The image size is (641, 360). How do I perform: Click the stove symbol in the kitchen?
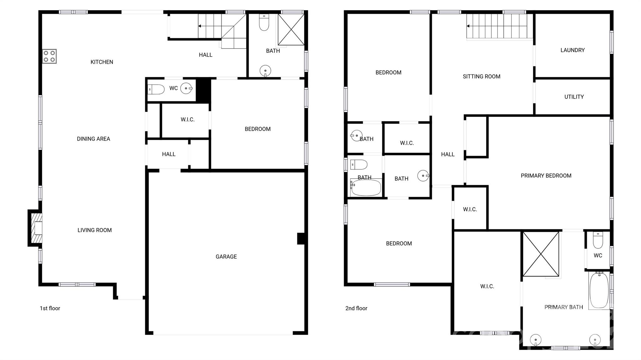click(49, 56)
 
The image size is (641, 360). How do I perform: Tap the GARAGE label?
click(226, 257)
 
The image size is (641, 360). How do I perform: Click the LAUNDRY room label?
click(572, 50)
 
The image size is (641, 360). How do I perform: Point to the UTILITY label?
click(574, 97)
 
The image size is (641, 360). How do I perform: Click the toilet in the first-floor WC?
click(156, 89)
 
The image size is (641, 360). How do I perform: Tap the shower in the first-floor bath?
click(291, 29)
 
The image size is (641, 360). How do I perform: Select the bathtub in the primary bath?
click(599, 291)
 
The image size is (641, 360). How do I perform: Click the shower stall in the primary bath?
click(541, 254)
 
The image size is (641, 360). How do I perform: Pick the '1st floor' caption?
click(50, 308)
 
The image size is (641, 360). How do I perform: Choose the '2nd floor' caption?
click(356, 308)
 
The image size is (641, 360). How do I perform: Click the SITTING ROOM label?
click(481, 77)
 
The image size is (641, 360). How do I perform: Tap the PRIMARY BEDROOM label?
click(546, 176)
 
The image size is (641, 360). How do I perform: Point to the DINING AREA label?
click(93, 139)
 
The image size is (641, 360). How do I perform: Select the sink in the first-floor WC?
click(187, 89)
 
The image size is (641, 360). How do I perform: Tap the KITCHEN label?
click(102, 62)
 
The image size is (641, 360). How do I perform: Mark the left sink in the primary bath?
click(536, 340)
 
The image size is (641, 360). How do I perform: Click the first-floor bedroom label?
click(257, 129)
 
